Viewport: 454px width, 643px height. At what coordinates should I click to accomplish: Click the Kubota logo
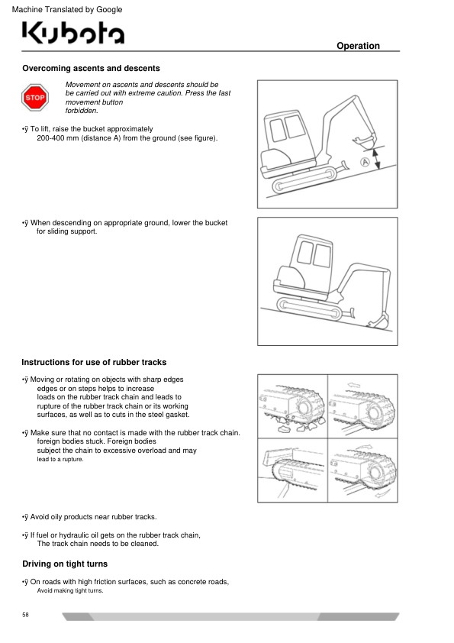(x=73, y=32)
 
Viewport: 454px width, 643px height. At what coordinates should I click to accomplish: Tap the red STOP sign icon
(x=35, y=98)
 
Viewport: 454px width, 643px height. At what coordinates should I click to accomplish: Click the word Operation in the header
(x=358, y=46)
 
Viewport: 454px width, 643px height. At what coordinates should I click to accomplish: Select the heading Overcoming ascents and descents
(x=91, y=68)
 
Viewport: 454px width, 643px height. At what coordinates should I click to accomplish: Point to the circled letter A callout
(x=365, y=162)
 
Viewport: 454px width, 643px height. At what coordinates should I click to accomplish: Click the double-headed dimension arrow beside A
(x=378, y=158)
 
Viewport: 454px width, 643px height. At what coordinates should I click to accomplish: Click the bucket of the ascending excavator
(x=364, y=141)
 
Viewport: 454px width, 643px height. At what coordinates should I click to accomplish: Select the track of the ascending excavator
(x=305, y=179)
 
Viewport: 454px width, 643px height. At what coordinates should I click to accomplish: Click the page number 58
(x=25, y=614)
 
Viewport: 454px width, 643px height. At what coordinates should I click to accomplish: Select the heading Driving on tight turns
(x=65, y=564)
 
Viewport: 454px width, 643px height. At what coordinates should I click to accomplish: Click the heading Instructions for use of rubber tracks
(x=94, y=362)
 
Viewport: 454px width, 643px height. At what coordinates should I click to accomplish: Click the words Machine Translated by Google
(x=67, y=9)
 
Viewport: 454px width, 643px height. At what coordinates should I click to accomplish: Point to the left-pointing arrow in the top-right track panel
(x=353, y=385)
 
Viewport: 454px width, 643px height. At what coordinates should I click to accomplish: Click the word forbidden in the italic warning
(x=82, y=111)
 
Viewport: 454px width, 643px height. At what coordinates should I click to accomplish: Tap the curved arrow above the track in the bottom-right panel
(x=363, y=447)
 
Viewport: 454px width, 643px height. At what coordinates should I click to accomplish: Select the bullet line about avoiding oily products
(x=89, y=517)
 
